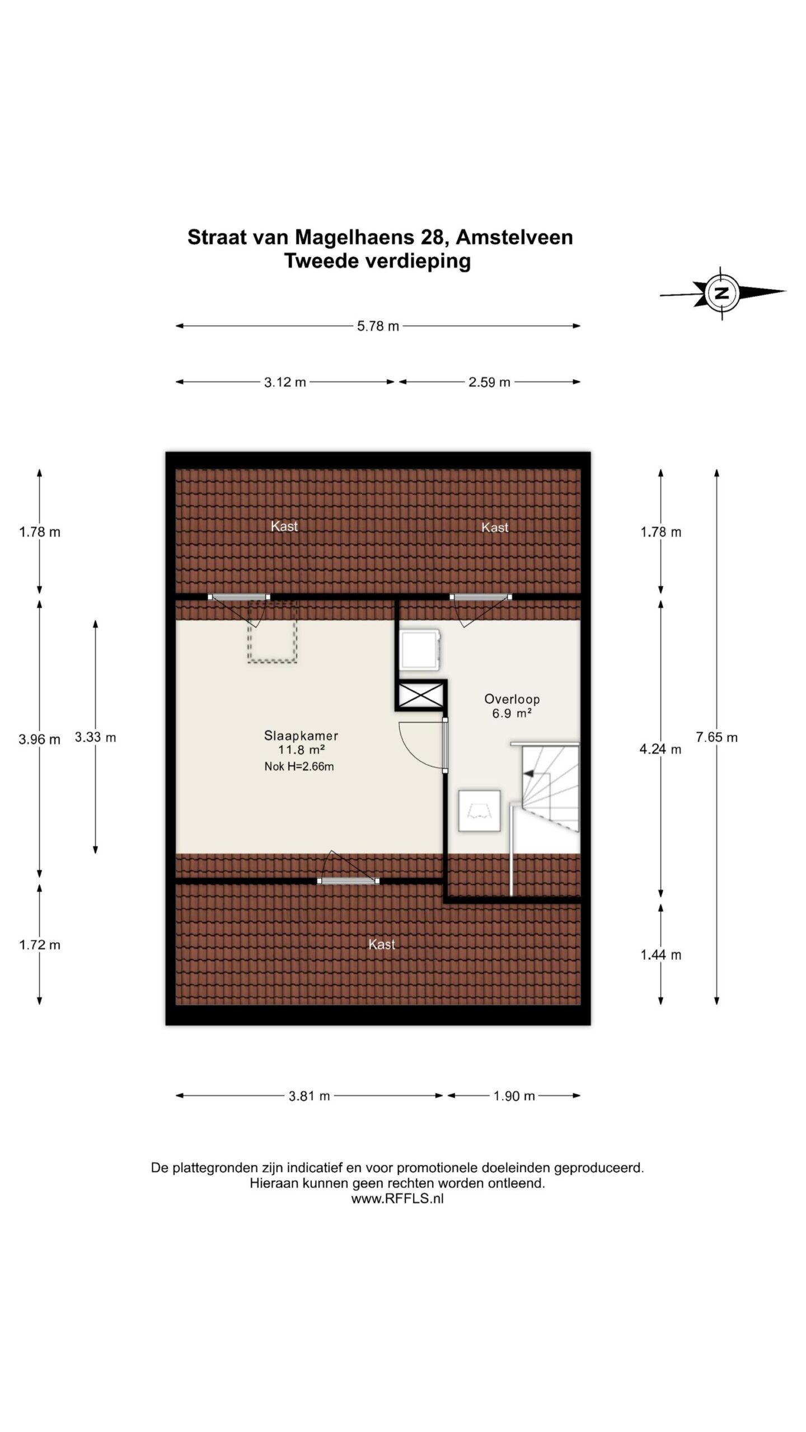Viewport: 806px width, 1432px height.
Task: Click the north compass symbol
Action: [722, 293]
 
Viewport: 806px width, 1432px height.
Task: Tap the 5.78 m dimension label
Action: [378, 326]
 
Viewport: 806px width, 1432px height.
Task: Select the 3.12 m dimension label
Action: [285, 382]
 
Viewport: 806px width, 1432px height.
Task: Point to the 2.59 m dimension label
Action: [489, 382]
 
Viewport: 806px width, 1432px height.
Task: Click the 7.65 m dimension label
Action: [716, 737]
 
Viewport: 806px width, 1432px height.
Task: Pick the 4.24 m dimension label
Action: [660, 749]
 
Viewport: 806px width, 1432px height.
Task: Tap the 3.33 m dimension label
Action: [95, 737]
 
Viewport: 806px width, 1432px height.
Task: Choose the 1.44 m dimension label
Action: [660, 955]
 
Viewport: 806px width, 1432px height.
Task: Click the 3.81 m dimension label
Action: [309, 1096]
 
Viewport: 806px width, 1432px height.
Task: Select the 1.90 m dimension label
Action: [514, 1096]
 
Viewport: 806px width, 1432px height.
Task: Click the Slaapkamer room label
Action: [301, 736]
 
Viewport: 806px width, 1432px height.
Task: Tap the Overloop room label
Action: [512, 699]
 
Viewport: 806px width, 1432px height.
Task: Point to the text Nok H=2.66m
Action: [299, 766]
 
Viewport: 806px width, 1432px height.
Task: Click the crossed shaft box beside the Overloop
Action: [421, 695]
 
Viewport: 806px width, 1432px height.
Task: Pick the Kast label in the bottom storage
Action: [382, 944]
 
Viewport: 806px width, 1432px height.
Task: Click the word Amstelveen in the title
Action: [514, 237]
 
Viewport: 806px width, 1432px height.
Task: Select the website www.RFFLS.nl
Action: [397, 1199]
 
